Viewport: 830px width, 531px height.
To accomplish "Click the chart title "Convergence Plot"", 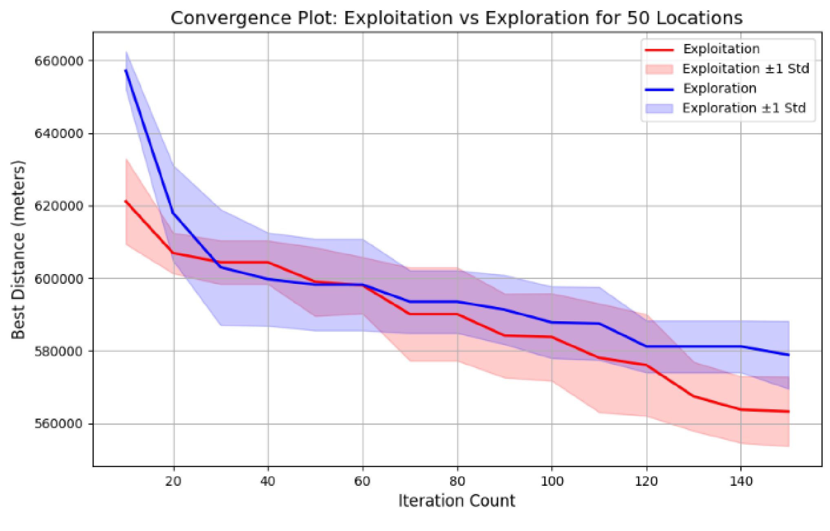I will (x=456, y=18).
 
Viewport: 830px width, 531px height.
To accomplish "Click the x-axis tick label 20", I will (x=174, y=481).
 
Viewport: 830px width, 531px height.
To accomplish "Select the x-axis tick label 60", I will (x=362, y=481).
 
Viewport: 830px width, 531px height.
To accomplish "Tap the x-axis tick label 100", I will (x=552, y=481).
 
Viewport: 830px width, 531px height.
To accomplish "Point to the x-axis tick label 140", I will (x=740, y=481).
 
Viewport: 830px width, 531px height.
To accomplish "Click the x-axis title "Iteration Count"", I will (x=457, y=501).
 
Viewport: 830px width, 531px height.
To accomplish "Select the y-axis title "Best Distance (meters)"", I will (x=18, y=249).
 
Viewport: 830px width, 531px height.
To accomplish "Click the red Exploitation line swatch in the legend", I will (x=659, y=50).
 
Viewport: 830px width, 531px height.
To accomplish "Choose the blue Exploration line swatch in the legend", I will (x=659, y=89).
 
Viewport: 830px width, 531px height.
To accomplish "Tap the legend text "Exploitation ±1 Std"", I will (x=746, y=69).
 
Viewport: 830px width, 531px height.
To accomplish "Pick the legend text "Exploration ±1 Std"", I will (x=744, y=108).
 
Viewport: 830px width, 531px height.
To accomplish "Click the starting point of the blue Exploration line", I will (x=126, y=70).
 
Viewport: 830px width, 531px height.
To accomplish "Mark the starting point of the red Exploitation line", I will (x=126, y=201).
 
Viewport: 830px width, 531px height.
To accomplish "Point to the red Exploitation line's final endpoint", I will (x=789, y=411).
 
